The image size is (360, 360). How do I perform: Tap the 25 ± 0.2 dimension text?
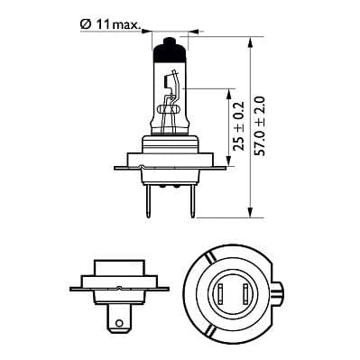[x=238, y=130]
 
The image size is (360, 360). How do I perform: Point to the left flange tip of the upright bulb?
[x=116, y=166]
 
